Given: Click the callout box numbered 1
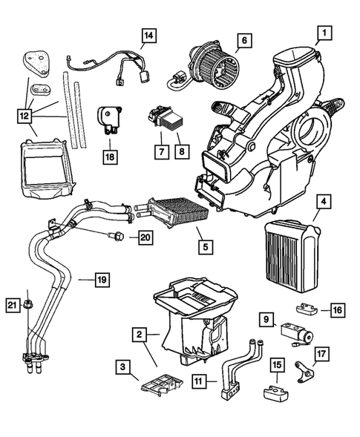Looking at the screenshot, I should tap(323, 33).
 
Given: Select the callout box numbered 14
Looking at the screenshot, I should tap(149, 36).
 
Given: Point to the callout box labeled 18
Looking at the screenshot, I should tap(111, 158).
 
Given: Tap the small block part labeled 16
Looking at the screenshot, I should tap(307, 309).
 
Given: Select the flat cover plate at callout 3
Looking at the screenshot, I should tap(160, 387).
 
